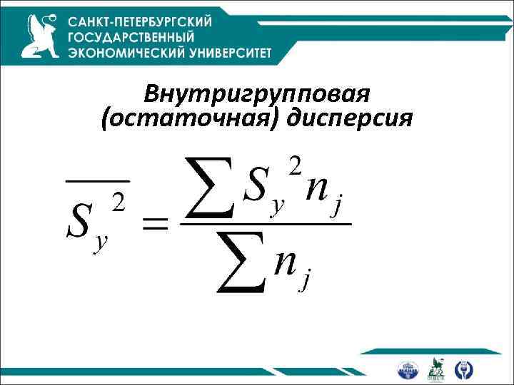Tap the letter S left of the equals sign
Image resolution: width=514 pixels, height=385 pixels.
point(79,222)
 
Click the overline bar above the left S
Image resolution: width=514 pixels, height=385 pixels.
point(98,183)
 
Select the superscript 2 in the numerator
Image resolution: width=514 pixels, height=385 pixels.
point(294,167)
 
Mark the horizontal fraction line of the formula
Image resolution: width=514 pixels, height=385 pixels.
point(265,225)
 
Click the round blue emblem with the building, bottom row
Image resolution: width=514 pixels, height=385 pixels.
point(409,369)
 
